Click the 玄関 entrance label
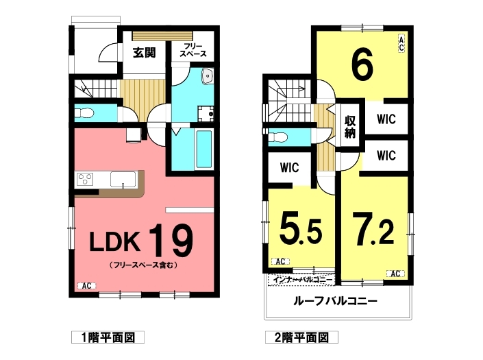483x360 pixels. click(145, 53)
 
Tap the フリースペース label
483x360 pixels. click(193, 50)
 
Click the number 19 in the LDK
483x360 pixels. click(171, 240)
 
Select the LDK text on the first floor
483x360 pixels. click(114, 241)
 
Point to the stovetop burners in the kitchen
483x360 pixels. click(85, 179)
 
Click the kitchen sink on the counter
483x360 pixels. click(123, 180)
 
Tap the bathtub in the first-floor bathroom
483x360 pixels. click(204, 149)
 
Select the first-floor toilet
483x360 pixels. click(84, 113)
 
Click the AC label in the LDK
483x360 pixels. click(86, 286)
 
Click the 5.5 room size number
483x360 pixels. click(301, 230)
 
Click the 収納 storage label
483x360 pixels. click(350, 127)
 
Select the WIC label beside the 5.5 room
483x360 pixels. click(290, 168)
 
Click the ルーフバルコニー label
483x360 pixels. click(336, 300)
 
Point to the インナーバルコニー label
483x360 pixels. click(301, 280)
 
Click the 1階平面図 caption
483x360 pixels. click(108, 337)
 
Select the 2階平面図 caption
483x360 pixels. click(302, 337)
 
